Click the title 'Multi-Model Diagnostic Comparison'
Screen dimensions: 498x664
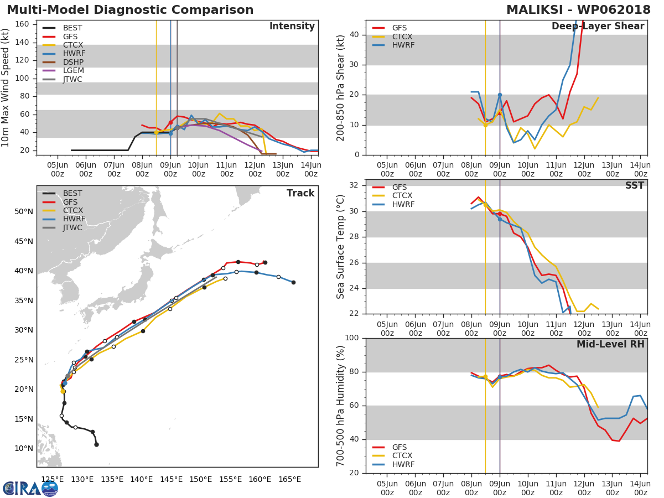130,10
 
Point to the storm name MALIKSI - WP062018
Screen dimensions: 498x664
578,10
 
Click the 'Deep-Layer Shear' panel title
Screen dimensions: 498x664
598,27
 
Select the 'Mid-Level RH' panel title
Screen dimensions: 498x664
610,344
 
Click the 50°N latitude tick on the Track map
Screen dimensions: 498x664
23,211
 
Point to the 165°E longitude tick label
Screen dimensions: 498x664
290,479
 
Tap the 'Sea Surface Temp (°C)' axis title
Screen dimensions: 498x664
341,247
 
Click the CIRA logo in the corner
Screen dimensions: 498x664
30,488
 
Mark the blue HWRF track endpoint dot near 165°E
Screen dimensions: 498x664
293,282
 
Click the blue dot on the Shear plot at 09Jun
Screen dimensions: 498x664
500,95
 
